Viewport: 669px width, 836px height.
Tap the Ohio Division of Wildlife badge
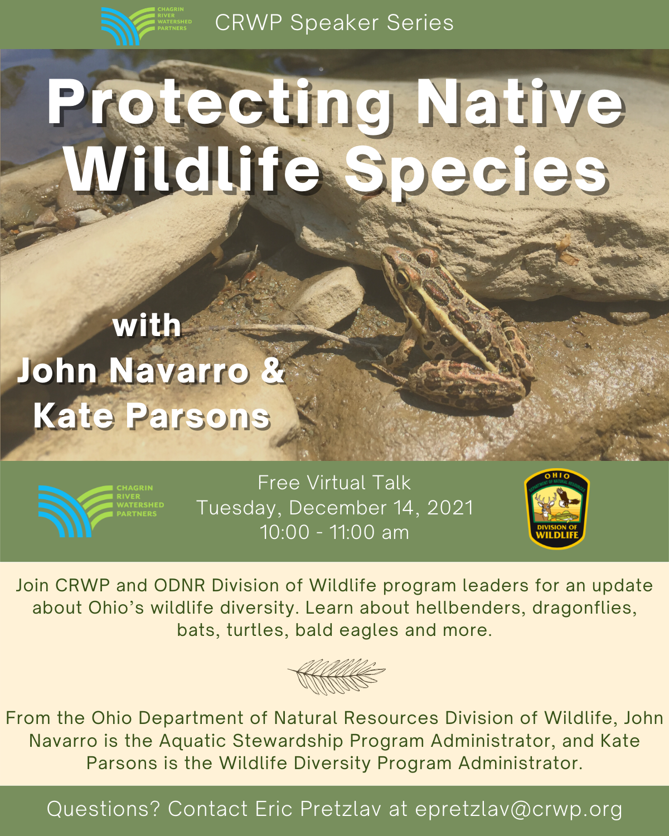tap(556, 508)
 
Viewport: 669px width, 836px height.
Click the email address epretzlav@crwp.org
tap(518, 810)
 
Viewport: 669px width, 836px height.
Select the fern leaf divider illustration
tap(337, 677)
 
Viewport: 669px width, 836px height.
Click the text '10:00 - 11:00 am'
tap(334, 533)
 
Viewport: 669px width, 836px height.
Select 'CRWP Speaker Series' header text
tap(334, 22)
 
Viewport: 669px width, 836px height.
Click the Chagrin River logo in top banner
tap(146, 26)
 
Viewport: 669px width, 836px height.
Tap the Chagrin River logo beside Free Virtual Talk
tap(101, 511)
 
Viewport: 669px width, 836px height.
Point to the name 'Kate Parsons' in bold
tap(152, 416)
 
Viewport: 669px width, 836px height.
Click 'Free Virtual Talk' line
tap(334, 483)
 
